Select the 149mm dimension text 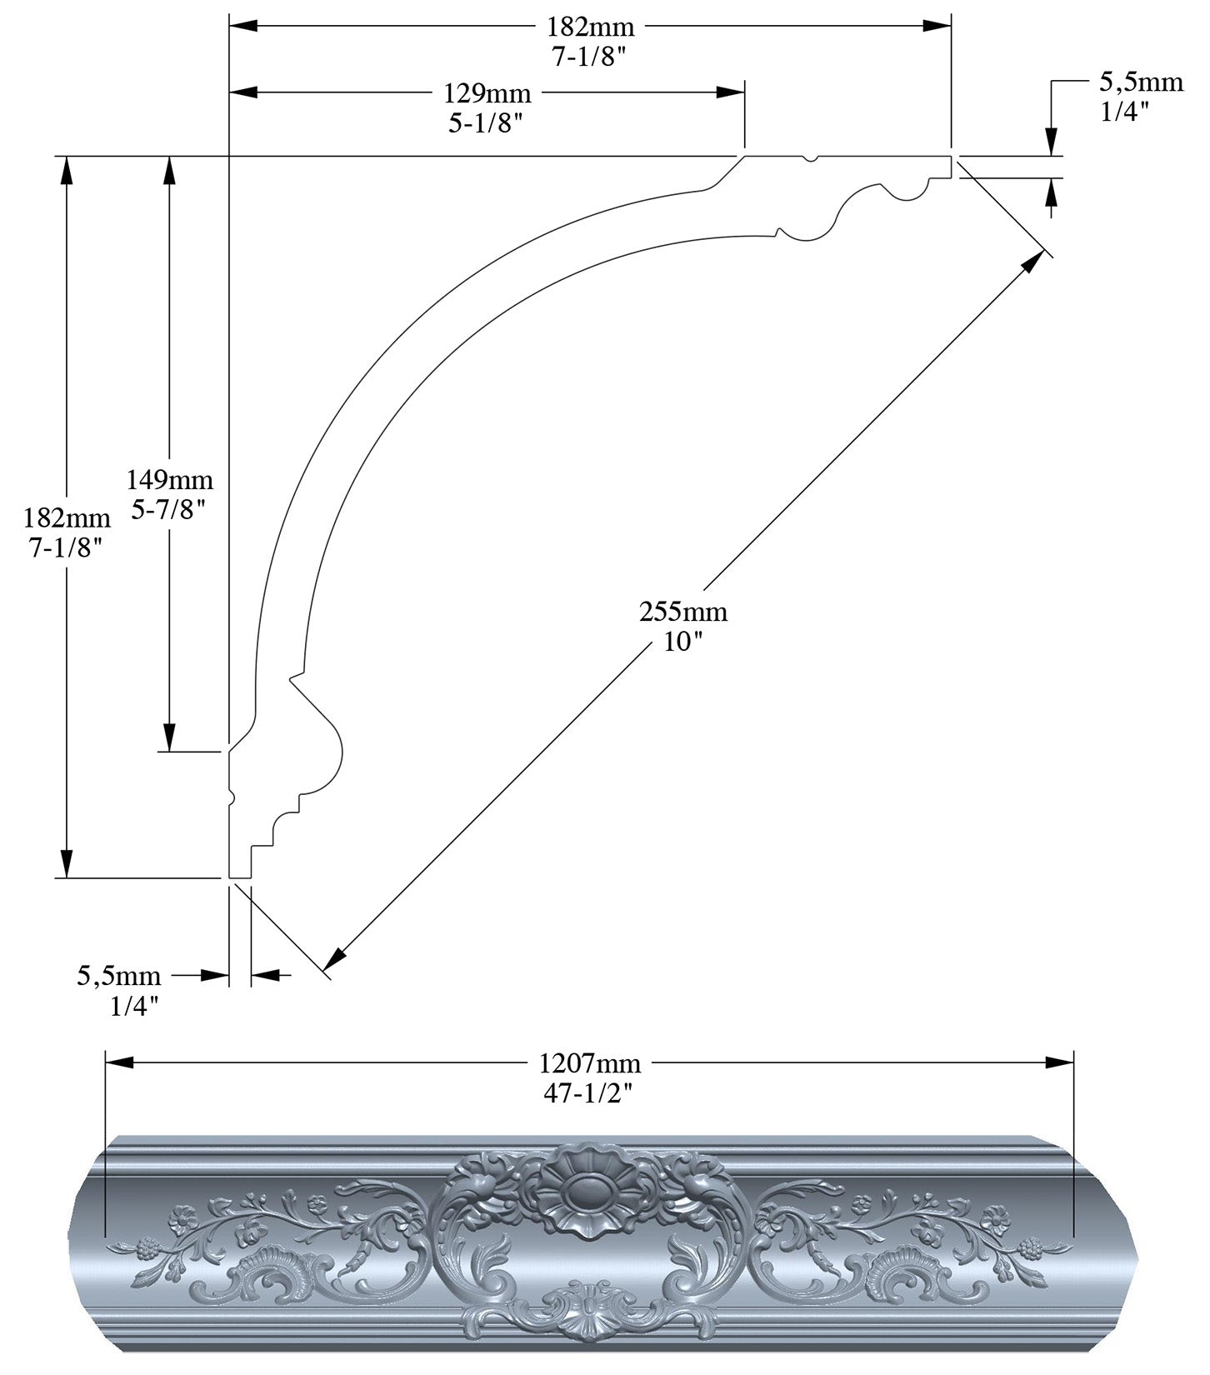(x=170, y=480)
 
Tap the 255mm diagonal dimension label (x=683, y=612)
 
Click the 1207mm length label (x=590, y=1063)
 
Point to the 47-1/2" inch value (x=589, y=1093)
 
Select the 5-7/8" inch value (x=169, y=509)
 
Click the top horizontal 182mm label (x=590, y=27)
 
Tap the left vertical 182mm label (x=67, y=518)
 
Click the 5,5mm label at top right (x=1141, y=81)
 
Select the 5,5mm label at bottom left (x=119, y=976)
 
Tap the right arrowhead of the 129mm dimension (x=732, y=92)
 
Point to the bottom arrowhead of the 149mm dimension (x=169, y=737)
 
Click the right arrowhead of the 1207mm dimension (x=1061, y=1062)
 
